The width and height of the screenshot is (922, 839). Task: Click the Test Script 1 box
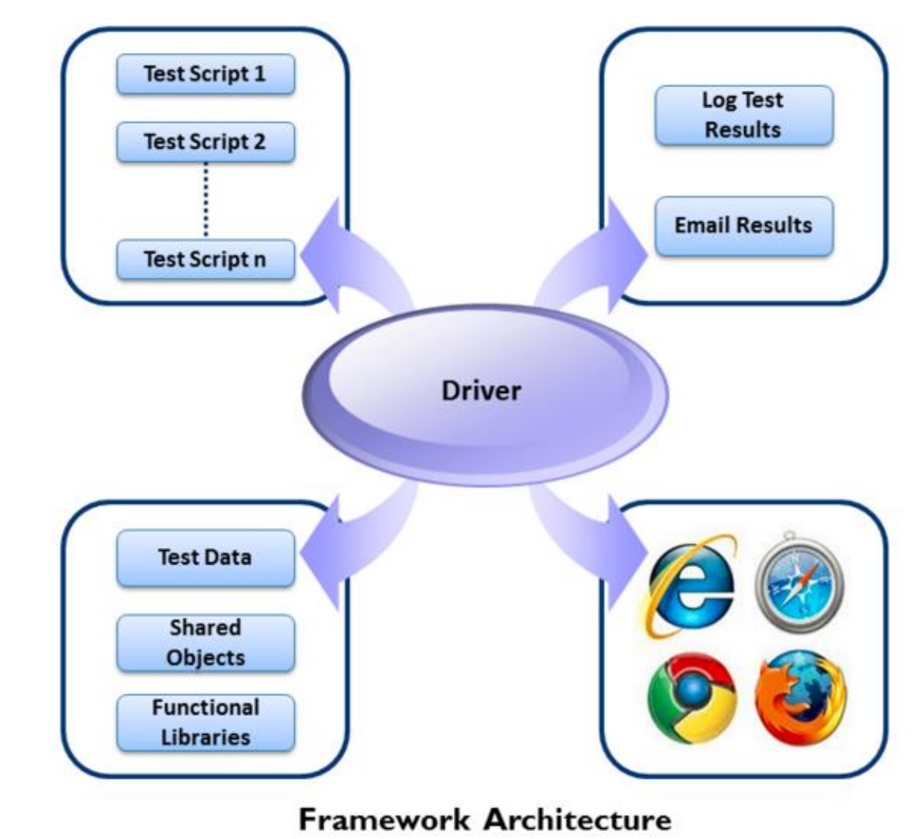pos(205,74)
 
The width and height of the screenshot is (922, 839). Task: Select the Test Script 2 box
pos(205,142)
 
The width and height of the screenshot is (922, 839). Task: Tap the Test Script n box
pos(205,259)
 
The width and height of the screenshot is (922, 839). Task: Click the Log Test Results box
pos(743,115)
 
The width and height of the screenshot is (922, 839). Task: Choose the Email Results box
pos(743,225)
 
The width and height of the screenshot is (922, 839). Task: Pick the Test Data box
pos(205,557)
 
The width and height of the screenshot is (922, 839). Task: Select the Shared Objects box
pos(205,643)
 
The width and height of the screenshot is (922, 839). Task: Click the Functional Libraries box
pos(205,722)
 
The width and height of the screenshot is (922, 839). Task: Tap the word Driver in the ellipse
pos(482,391)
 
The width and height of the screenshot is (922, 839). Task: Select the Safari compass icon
pos(799,586)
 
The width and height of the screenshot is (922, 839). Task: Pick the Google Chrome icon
pos(690,697)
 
